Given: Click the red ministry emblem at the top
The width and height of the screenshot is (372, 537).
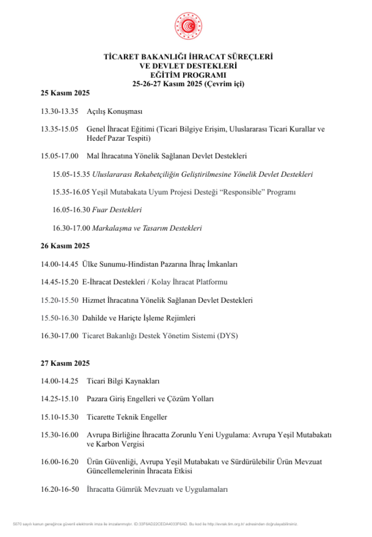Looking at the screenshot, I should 188,26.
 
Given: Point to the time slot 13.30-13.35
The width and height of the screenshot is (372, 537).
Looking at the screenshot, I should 59,111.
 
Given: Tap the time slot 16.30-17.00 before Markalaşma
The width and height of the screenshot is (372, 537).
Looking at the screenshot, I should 71,228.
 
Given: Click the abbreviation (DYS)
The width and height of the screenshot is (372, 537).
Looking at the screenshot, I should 228,336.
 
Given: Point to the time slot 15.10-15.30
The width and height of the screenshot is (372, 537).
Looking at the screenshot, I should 59,417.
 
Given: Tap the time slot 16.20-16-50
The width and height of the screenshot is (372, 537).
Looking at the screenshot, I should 59,490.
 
